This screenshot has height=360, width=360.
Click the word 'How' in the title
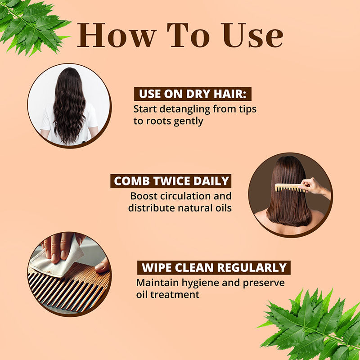pos(117,35)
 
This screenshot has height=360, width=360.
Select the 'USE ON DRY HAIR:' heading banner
pos(193,94)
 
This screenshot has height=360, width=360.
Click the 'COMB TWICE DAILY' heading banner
pos(171,181)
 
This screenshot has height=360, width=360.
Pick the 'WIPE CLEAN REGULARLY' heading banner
pos(214,267)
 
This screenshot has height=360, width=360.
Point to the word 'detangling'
pos(185,109)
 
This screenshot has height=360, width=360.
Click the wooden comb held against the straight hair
pos(290,188)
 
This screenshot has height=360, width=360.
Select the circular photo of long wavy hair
pos(69,105)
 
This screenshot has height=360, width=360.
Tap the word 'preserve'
pos(264,283)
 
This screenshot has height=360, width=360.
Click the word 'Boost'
pos(144,196)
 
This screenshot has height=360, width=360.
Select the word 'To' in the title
pos(188,35)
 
